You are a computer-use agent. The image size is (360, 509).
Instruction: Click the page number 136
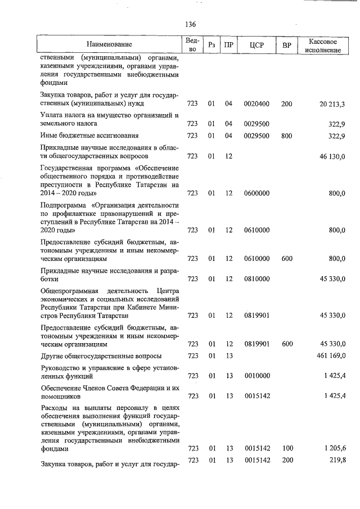click(190, 24)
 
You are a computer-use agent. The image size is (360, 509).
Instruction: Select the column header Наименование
click(110, 44)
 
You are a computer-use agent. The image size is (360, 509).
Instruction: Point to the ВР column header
click(286, 44)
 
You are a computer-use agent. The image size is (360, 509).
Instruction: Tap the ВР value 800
click(286, 136)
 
